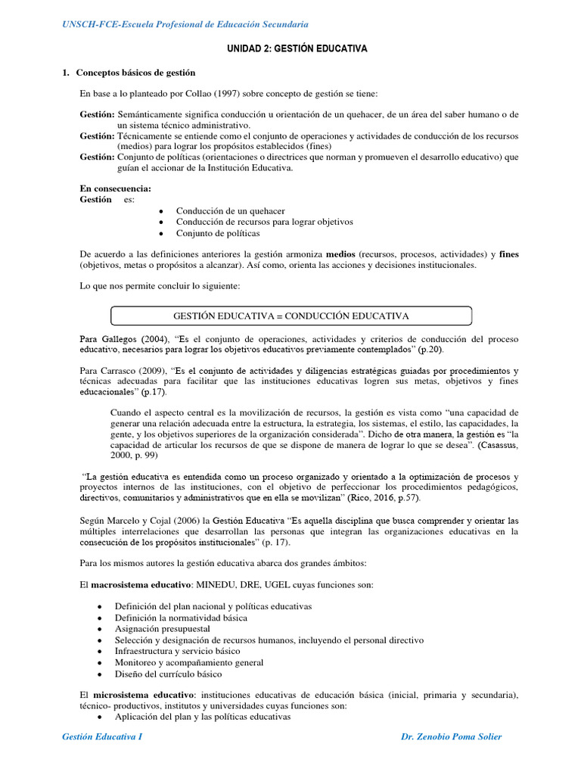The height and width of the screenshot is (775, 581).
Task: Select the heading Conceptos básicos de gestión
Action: (135, 73)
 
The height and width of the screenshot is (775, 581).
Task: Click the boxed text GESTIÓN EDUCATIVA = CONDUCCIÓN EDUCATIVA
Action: (291, 315)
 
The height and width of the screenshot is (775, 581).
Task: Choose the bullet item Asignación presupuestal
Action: (163, 629)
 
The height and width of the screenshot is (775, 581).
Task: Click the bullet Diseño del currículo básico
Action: (168, 674)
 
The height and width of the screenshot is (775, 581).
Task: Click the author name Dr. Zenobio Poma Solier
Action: (451, 736)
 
